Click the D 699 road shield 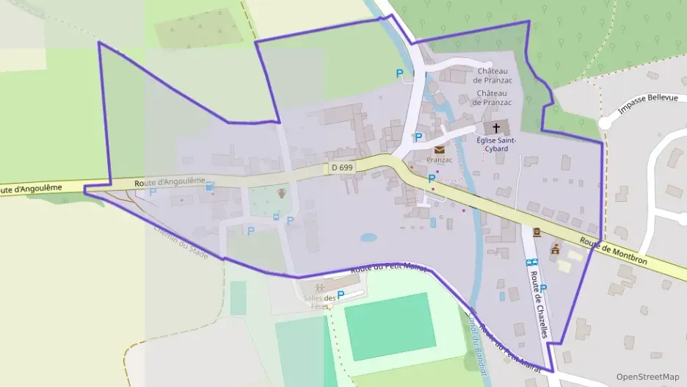pos(342,168)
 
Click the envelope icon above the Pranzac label pos(439,150)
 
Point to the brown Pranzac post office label pos(439,159)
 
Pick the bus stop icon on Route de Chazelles pos(531,261)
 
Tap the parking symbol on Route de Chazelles pos(544,288)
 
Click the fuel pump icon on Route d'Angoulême pos(210,187)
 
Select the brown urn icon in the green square pos(280,194)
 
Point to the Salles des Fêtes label pos(319,301)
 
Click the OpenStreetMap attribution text pos(647,377)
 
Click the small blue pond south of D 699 pos(368,238)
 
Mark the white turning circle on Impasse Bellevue pos(605,123)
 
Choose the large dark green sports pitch pos(388,326)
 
